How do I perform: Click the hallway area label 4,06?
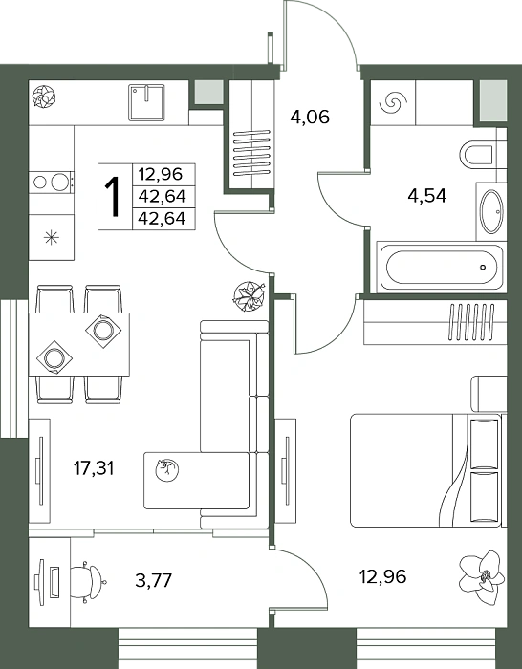pos(310,117)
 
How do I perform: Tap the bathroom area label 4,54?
pos(426,196)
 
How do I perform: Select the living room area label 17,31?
pos(94,468)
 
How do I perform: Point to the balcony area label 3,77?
pos(153,580)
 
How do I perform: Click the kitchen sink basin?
pos(146,102)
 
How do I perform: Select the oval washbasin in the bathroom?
pos(490,211)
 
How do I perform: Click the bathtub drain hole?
pos(483,268)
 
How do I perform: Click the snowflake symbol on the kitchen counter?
pos(52,237)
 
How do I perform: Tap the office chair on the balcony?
pos(88,581)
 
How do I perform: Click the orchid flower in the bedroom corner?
pos(482,576)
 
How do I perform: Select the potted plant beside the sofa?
pos(250,295)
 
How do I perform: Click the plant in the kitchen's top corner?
pos(44,96)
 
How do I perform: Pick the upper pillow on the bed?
pos(484,443)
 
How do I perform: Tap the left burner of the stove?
pos(40,183)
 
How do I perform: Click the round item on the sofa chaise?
pos(167,470)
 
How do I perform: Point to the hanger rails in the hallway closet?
pos(251,152)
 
